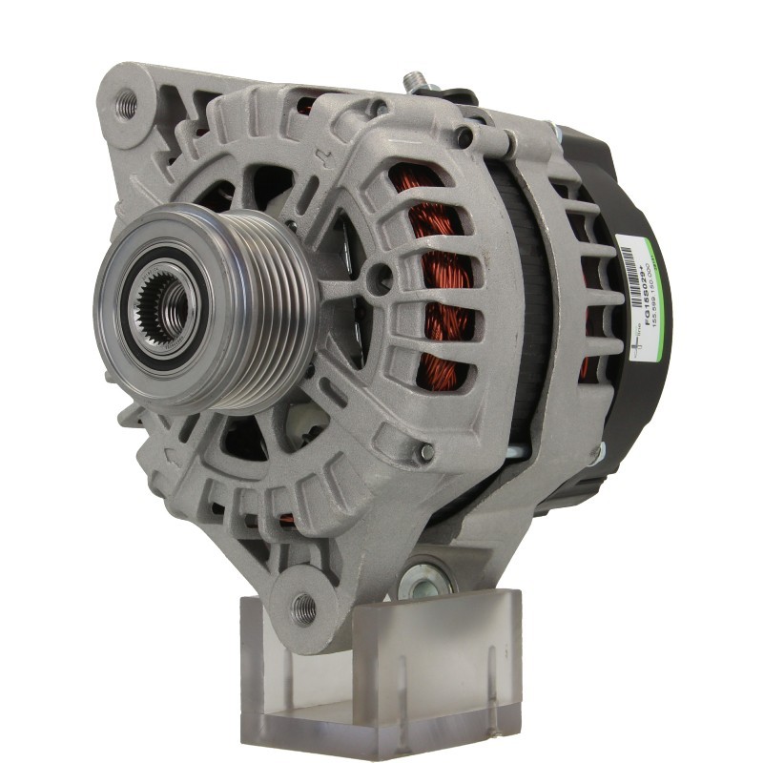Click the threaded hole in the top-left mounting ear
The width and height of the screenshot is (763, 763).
tap(125, 105)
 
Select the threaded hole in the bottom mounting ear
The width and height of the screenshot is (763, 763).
tap(302, 604)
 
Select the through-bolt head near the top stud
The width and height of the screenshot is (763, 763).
tap(464, 139)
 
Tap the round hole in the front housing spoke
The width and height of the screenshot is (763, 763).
tap(381, 278)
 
